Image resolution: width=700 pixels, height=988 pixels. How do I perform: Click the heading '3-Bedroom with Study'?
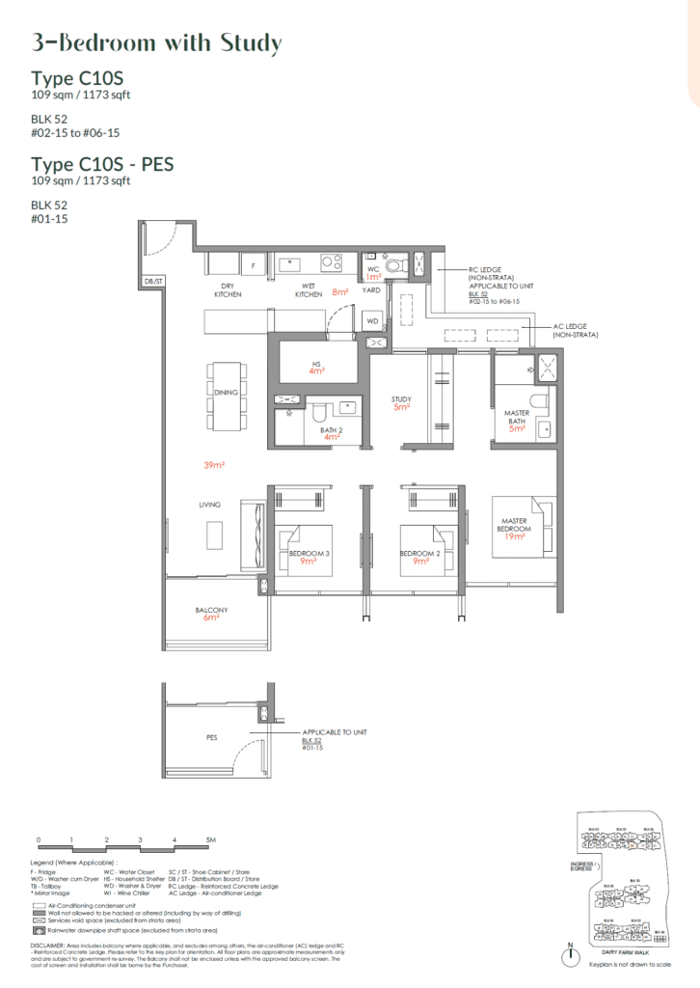click(156, 43)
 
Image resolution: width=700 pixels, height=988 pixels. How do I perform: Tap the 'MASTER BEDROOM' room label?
click(514, 525)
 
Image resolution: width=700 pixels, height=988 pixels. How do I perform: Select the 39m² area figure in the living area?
click(214, 464)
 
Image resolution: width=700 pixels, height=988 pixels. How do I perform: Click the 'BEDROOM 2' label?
click(419, 553)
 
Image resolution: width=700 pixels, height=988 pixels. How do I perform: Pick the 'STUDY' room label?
click(401, 398)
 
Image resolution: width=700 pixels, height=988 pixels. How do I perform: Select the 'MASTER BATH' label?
click(517, 418)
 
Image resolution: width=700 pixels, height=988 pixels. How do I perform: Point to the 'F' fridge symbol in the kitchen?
click(253, 263)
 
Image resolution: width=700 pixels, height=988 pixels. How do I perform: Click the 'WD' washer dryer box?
click(372, 321)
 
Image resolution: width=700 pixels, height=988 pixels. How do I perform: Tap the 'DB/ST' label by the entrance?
click(153, 282)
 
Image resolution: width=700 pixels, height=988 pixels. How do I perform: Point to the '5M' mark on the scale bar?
click(210, 840)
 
